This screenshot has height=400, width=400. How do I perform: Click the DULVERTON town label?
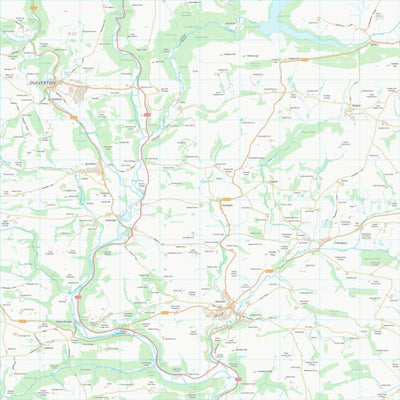tap(46, 82)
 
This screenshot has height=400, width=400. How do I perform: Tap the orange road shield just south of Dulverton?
tap(73, 117)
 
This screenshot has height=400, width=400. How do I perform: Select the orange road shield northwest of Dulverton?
tap(32, 8)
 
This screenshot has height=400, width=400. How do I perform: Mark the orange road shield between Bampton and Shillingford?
tap(268, 270)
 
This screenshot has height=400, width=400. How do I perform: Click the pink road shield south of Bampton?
tap(238, 380)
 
